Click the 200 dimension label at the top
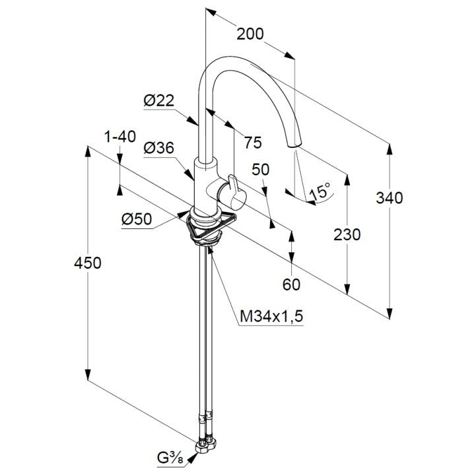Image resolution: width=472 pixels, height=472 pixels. click(250, 34)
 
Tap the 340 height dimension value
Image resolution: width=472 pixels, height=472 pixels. click(389, 198)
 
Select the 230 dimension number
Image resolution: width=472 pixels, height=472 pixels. click(347, 234)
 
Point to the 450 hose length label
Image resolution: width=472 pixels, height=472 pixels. click(88, 263)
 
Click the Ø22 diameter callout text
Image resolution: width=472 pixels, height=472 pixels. click(159, 100)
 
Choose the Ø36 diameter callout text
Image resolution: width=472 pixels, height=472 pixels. click(159, 148)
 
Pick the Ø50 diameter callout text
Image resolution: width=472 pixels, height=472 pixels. click(137, 219)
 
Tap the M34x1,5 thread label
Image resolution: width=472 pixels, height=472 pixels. click(271, 316)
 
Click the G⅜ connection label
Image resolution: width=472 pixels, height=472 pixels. click(170, 458)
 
